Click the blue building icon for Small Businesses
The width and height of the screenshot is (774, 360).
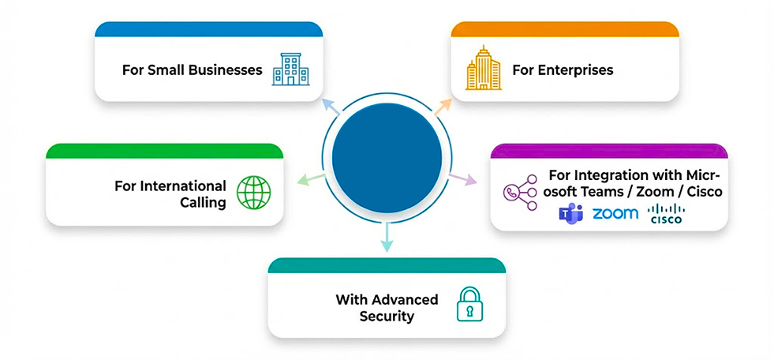pyautogui.click(x=290, y=69)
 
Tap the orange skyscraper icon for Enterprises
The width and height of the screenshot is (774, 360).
pyautogui.click(x=483, y=69)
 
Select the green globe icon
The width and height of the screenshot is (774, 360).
pyautogui.click(x=253, y=193)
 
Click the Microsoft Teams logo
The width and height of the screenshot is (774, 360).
pyautogui.click(x=570, y=214)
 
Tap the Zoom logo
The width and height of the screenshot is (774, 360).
pyautogui.click(x=615, y=214)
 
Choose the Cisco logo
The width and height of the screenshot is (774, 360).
pyautogui.click(x=666, y=214)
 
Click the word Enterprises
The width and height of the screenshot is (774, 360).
pyautogui.click(x=575, y=69)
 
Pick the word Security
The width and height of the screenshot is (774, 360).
pyautogui.click(x=387, y=317)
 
